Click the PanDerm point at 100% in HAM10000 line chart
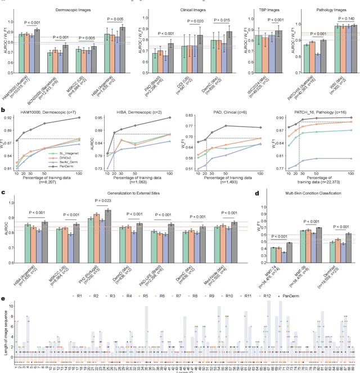79,118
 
